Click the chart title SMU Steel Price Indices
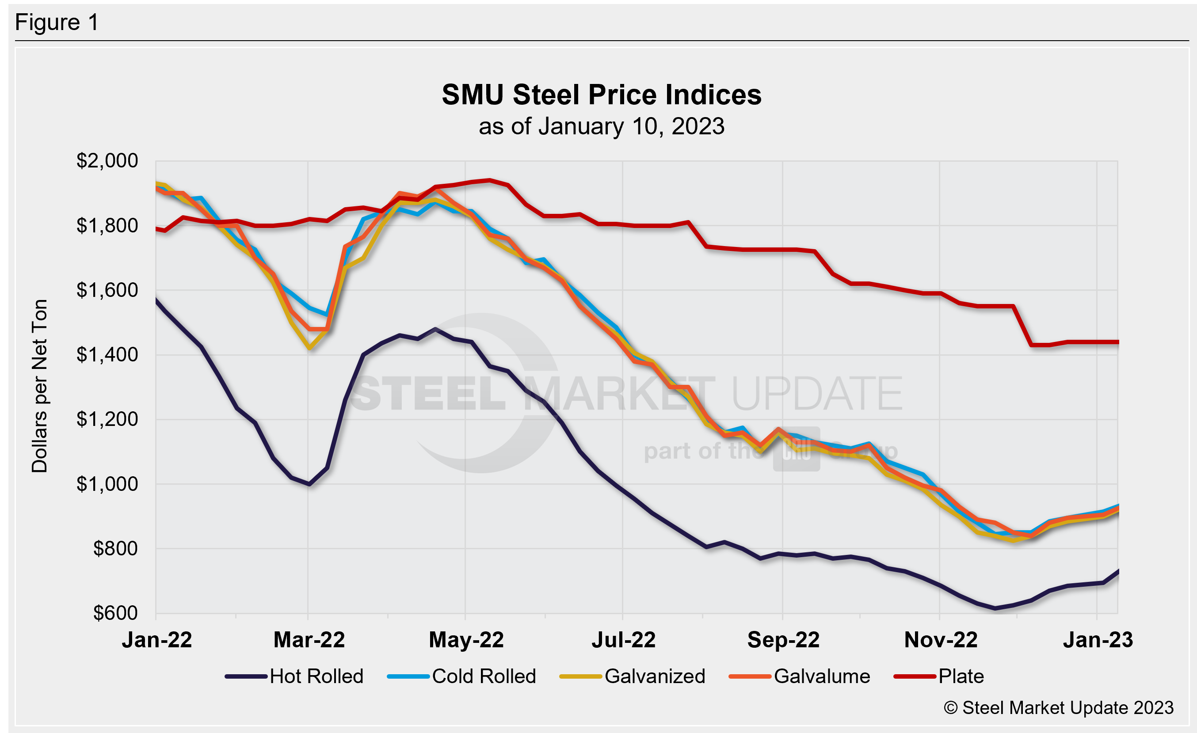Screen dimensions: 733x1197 pyautogui.click(x=602, y=95)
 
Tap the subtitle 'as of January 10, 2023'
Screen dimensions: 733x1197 pyautogui.click(x=602, y=126)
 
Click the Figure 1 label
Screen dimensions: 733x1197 pyautogui.click(x=57, y=23)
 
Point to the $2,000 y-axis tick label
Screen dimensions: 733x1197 pyautogui.click(x=107, y=161)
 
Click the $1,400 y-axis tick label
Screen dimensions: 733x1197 pyautogui.click(x=107, y=355)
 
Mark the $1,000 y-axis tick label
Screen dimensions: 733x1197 pyautogui.click(x=107, y=484)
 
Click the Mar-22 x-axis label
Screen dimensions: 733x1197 pyautogui.click(x=309, y=640)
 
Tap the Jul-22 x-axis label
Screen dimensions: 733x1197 pyautogui.click(x=623, y=640)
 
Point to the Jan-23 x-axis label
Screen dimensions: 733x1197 pyautogui.click(x=1098, y=640)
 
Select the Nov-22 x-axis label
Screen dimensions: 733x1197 pyautogui.click(x=941, y=640)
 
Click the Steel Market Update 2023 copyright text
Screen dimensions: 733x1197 pyautogui.click(x=1058, y=708)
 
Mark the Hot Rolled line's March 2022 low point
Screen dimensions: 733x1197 pyautogui.click(x=309, y=484)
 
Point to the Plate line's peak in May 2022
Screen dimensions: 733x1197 pyautogui.click(x=490, y=180)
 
